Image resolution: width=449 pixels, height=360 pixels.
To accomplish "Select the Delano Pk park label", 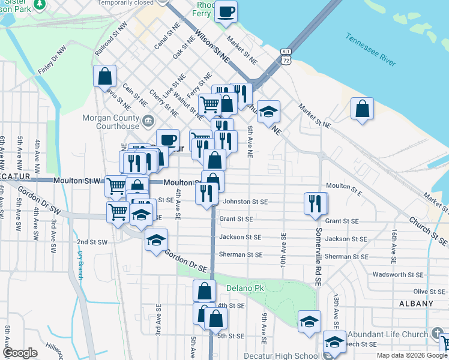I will coord(245,289).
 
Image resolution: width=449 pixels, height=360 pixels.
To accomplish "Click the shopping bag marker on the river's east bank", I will coord(362,109).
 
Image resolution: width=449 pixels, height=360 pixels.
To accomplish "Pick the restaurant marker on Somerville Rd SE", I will coord(315,203).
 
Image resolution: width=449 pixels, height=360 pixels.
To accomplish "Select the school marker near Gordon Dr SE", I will coord(156,241).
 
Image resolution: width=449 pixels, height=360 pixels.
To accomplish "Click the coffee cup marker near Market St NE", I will coord(226,12).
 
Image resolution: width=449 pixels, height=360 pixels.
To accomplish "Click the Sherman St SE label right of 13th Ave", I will coord(346,256).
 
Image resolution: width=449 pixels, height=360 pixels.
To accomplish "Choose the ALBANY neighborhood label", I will coord(416,304).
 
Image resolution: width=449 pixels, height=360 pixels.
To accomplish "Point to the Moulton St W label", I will coord(71,181).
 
